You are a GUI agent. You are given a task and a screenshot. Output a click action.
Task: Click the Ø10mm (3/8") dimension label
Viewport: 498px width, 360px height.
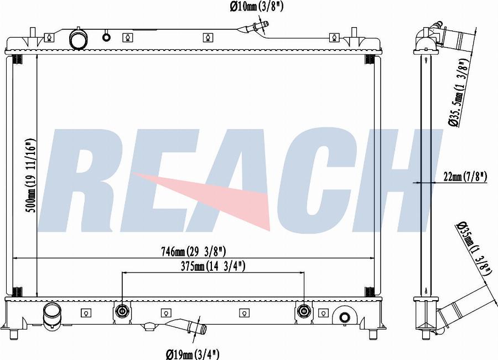click(x=256, y=7)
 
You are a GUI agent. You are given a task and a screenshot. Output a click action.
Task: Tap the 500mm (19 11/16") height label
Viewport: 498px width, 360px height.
click(x=30, y=176)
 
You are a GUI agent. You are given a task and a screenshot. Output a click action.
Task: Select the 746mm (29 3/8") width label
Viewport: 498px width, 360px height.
click(x=193, y=252)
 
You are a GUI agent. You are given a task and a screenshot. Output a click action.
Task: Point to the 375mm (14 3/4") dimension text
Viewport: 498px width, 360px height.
click(x=213, y=266)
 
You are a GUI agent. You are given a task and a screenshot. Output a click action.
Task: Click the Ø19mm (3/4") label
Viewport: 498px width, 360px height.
click(x=193, y=354)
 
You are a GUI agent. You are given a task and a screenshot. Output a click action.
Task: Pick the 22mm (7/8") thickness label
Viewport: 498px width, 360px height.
click(x=465, y=176)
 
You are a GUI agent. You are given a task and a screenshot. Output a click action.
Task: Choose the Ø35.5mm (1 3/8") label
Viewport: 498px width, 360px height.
click(x=459, y=93)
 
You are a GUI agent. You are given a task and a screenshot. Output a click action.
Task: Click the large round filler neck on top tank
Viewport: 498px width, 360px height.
click(x=77, y=39)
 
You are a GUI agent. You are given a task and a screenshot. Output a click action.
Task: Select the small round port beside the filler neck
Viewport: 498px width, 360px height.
click(x=106, y=37)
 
